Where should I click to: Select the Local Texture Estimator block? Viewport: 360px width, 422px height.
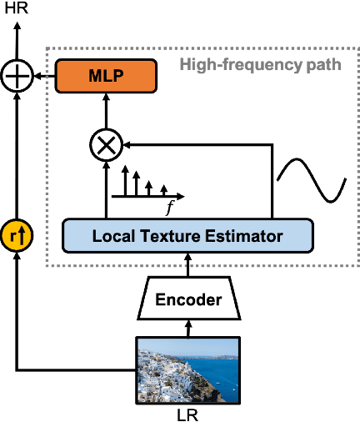(x=187, y=236)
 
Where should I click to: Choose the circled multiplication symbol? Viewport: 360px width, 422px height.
(x=106, y=145)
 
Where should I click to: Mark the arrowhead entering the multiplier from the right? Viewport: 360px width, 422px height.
(x=127, y=145)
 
